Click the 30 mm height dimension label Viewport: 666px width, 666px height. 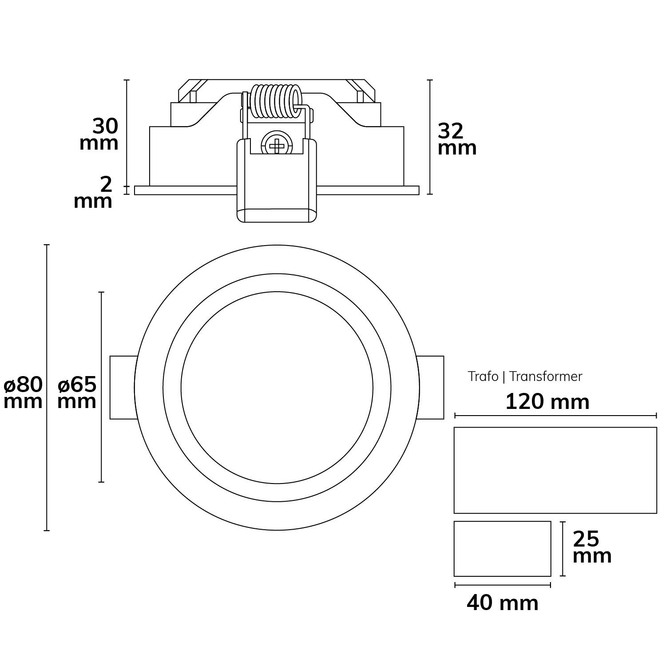tap(99, 135)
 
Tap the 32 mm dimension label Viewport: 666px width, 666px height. tap(457, 139)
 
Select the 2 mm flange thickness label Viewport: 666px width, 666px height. tap(93, 192)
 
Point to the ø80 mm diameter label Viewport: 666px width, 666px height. tap(23, 392)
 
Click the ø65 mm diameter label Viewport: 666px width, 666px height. tap(77, 392)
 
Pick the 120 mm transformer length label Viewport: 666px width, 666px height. tap(547, 402)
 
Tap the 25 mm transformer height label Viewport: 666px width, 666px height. tap(592, 547)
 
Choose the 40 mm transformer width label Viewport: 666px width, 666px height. tap(503, 603)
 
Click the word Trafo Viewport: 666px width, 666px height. tap(483, 377)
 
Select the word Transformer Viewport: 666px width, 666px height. tap(546, 377)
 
